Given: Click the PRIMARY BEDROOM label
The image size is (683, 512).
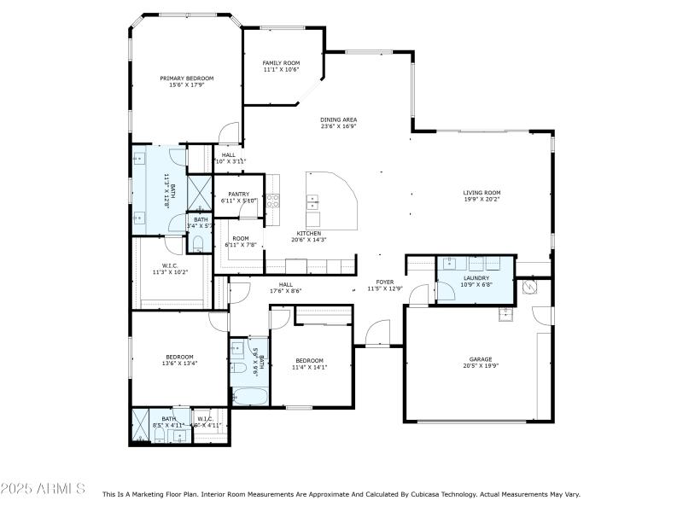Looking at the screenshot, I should tap(186, 78).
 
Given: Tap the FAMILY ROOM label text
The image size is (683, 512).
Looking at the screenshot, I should tap(281, 63).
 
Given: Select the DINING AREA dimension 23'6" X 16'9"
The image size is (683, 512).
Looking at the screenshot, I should tap(338, 126).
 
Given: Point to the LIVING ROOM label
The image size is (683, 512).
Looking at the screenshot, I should tap(482, 193).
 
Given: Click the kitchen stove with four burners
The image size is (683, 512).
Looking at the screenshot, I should tap(273, 201).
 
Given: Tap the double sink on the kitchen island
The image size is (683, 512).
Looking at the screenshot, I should tap(313, 202).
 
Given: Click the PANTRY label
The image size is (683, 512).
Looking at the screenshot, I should tap(238, 194).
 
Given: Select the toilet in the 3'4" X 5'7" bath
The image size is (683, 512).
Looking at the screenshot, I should tap(199, 244).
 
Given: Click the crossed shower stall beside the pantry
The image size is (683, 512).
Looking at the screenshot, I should tap(199, 192).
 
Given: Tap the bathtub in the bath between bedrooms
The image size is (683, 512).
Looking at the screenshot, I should tap(248, 396).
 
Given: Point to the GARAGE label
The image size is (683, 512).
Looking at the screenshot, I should tap(480, 359).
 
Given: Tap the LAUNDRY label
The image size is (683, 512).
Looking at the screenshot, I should tap(476, 278).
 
